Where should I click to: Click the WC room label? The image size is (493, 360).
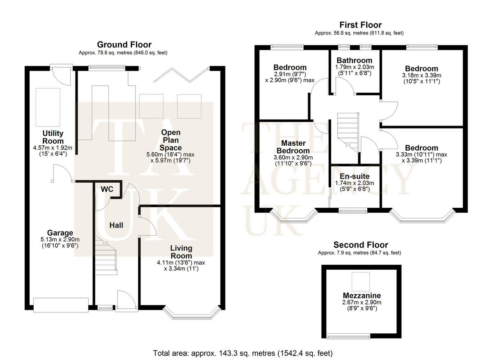(108, 190)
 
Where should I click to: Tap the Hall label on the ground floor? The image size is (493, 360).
(116, 225)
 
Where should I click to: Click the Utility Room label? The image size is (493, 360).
(53, 137)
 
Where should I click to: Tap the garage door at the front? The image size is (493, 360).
(61, 304)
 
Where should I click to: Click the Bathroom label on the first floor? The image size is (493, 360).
(355, 60)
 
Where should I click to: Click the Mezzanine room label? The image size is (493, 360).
(362, 296)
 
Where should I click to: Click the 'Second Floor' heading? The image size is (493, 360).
(360, 245)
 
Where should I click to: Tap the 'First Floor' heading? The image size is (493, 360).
(360, 25)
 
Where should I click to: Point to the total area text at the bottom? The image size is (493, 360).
(242, 353)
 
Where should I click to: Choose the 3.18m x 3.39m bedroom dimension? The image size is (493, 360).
(422, 76)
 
